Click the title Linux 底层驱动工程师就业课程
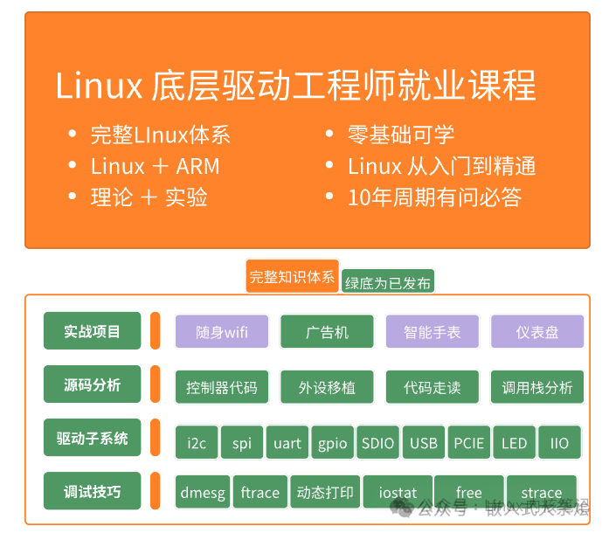[295, 87]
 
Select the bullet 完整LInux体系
[160, 135]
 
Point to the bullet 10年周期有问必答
[433, 197]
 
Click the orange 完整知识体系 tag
[292, 277]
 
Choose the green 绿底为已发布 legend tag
[388, 282]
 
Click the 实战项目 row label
[92, 331]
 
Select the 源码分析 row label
[92, 384]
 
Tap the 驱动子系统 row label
[92, 438]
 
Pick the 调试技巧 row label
[92, 491]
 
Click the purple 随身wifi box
[222, 332]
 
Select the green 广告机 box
[327, 332]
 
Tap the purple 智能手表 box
[433, 332]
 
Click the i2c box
[197, 443]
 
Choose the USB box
[424, 443]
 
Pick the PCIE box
[469, 443]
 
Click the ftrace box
[260, 493]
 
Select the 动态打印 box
[325, 493]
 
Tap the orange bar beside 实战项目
[155, 331]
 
